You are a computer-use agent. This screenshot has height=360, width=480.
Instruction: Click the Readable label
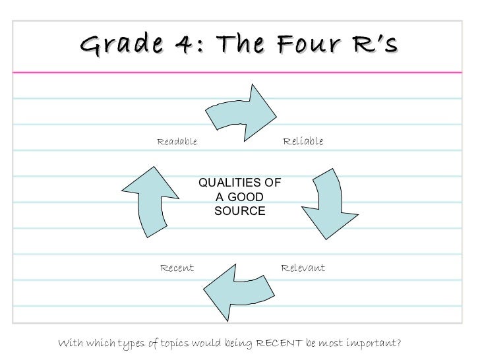(176, 142)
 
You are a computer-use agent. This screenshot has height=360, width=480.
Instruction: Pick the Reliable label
(303, 142)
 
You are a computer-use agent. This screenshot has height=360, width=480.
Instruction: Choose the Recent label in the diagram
(177, 268)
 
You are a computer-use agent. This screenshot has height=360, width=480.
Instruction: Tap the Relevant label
(303, 268)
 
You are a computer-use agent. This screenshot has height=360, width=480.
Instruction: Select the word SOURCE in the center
(240, 211)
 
